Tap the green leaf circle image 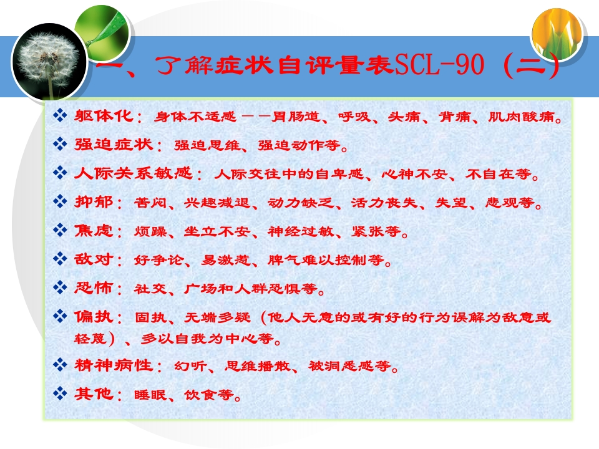tap(103, 31)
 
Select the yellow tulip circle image tap(557, 35)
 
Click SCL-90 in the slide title tap(439, 64)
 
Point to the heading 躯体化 tap(104, 115)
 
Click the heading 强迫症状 tap(114, 144)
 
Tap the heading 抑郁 tap(94, 201)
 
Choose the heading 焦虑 tap(94, 230)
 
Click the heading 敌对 tap(94, 259)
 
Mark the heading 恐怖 tap(94, 287)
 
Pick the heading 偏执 tap(94, 316)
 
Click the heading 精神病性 tap(114, 365)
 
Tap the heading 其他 tap(94, 393)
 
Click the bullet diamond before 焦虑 tap(60, 230)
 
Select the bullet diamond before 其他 tap(60, 393)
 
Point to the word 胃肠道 tap(296, 117)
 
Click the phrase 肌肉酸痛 tap(522, 117)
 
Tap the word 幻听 tap(190, 366)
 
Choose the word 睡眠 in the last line tap(150, 395)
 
